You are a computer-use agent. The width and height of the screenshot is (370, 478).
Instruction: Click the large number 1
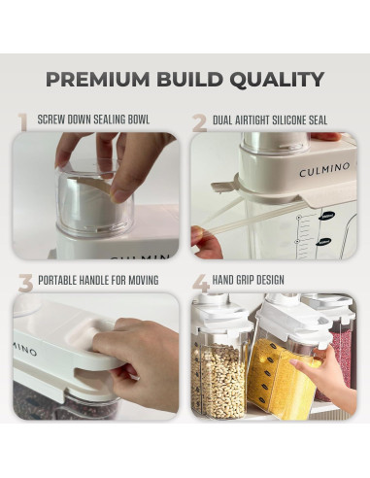pyautogui.click(x=21, y=122)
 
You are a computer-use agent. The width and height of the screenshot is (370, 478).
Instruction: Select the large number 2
pyautogui.click(x=199, y=122)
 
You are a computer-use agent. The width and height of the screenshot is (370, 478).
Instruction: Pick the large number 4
pyautogui.click(x=200, y=284)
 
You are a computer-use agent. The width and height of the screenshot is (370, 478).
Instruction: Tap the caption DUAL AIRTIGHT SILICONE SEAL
pyautogui.click(x=276, y=121)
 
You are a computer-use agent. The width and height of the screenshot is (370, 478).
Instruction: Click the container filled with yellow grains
pyautogui.click(x=279, y=364)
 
